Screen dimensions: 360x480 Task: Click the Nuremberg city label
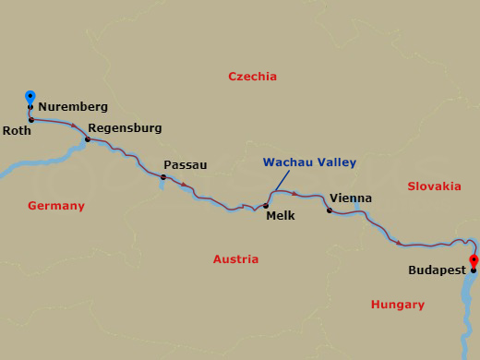(x=73, y=107)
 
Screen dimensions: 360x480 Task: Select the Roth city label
(x=17, y=130)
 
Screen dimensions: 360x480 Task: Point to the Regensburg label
(x=125, y=127)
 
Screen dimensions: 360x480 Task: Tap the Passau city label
(x=185, y=164)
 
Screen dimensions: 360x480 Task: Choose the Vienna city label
(x=351, y=198)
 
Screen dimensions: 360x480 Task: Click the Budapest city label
(x=435, y=271)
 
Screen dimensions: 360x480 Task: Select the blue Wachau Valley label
(x=309, y=162)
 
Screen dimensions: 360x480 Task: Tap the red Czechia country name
(x=252, y=77)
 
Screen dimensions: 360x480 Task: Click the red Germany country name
(x=56, y=206)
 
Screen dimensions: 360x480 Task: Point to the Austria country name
(x=235, y=259)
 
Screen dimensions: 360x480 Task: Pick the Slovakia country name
(x=434, y=186)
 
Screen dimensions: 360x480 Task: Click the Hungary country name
(x=397, y=305)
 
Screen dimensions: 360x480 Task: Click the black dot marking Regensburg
(x=88, y=139)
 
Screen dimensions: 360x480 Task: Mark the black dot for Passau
(x=163, y=177)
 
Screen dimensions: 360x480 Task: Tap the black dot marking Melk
(x=266, y=206)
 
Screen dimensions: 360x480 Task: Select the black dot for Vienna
(x=330, y=210)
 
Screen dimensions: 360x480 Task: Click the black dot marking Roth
(x=31, y=120)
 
